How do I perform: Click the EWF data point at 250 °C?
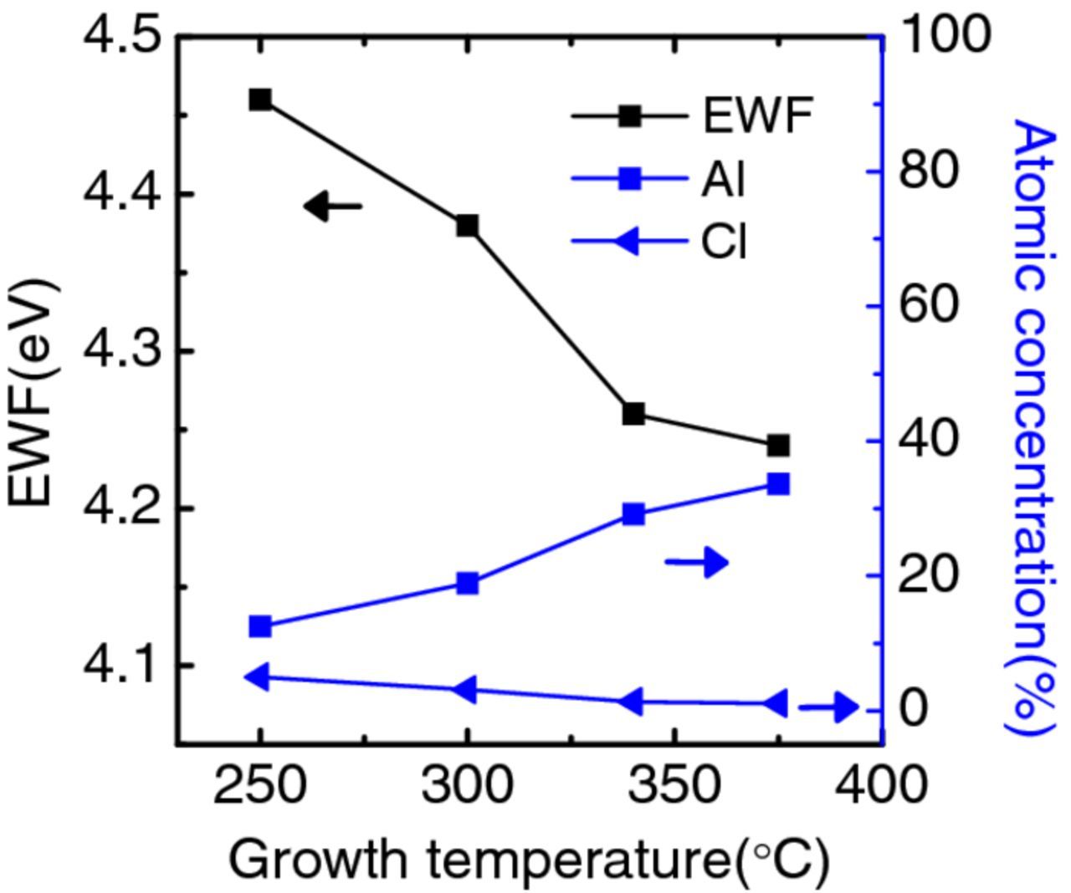(260, 100)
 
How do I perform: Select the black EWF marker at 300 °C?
(467, 226)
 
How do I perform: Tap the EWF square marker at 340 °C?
(633, 414)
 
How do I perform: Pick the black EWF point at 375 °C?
(778, 446)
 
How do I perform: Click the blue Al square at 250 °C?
(260, 626)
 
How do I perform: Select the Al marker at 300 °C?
(467, 583)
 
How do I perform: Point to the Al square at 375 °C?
(778, 484)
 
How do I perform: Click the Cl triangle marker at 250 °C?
(258, 677)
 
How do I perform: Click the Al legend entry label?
(722, 179)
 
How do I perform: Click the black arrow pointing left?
(333, 206)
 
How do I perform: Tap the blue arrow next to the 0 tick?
(828, 708)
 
